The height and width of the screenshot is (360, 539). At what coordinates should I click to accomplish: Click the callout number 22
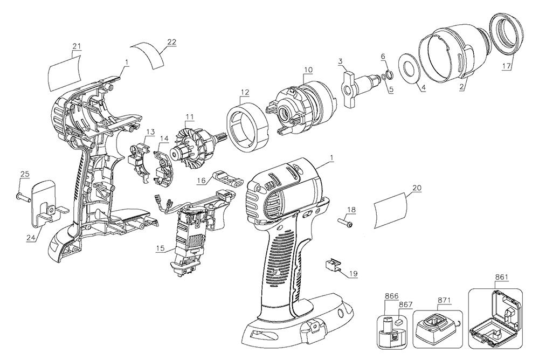click(x=171, y=42)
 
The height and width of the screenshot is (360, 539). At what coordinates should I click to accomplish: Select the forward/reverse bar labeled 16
click(x=226, y=177)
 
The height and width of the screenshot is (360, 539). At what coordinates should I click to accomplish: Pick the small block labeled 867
click(x=398, y=322)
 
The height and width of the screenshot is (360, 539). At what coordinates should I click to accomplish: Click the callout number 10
click(x=308, y=70)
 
